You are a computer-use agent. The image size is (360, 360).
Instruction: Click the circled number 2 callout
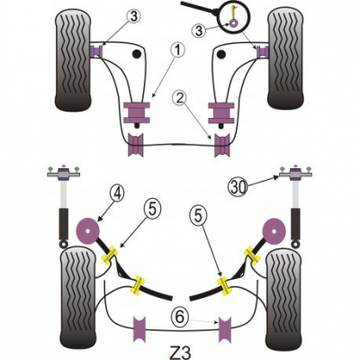(180, 98)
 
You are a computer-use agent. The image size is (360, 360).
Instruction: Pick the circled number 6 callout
(180, 317)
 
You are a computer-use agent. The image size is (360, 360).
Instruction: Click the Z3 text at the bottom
(180, 352)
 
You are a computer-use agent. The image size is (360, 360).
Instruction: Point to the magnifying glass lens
(235, 17)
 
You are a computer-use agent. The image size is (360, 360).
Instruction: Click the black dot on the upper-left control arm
(137, 54)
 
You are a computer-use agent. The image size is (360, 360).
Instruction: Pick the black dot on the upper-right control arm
(221, 54)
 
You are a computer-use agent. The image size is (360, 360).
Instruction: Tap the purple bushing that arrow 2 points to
(222, 145)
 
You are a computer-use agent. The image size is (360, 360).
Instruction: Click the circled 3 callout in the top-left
(133, 17)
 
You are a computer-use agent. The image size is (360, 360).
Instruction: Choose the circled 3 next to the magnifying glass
(200, 31)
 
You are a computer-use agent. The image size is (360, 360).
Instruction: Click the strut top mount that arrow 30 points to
(295, 174)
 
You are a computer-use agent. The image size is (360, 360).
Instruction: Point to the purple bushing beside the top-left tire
(96, 50)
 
